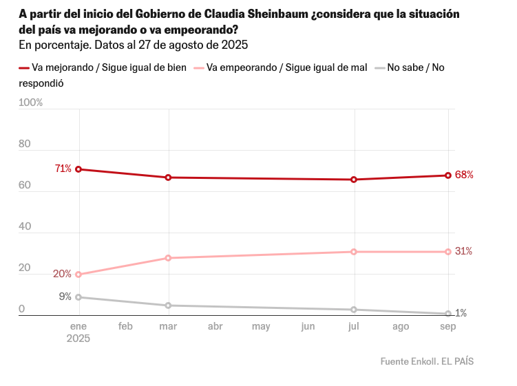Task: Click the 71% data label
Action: pyautogui.click(x=63, y=169)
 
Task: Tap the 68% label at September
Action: pyautogui.click(x=463, y=175)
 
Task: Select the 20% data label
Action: pyautogui.click(x=63, y=274)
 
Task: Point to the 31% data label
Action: pyautogui.click(x=463, y=251)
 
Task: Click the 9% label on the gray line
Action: pyautogui.click(x=65, y=297)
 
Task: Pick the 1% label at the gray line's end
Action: pyautogui.click(x=461, y=313)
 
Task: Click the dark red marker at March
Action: pyautogui.click(x=169, y=178)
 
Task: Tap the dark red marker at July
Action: pyautogui.click(x=354, y=180)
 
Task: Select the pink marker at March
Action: pyautogui.click(x=169, y=258)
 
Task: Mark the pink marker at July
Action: pyautogui.click(x=354, y=252)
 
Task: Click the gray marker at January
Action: pyautogui.click(x=79, y=297)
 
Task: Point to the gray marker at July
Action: pyautogui.click(x=354, y=310)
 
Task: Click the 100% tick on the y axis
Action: pyautogui.click(x=31, y=103)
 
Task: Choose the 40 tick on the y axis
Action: pyautogui.click(x=25, y=226)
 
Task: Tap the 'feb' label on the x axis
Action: pyautogui.click(x=125, y=326)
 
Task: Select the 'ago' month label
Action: pyautogui.click(x=401, y=326)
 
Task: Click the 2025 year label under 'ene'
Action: pyautogui.click(x=78, y=339)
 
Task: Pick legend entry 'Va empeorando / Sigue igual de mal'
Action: pyautogui.click(x=286, y=67)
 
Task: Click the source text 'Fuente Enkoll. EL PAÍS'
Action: pyautogui.click(x=427, y=361)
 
